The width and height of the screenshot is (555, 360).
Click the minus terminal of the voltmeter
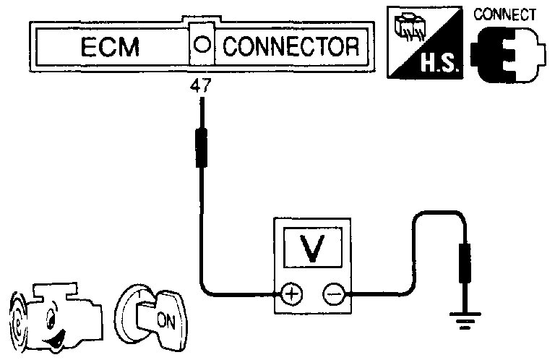(333, 294)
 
